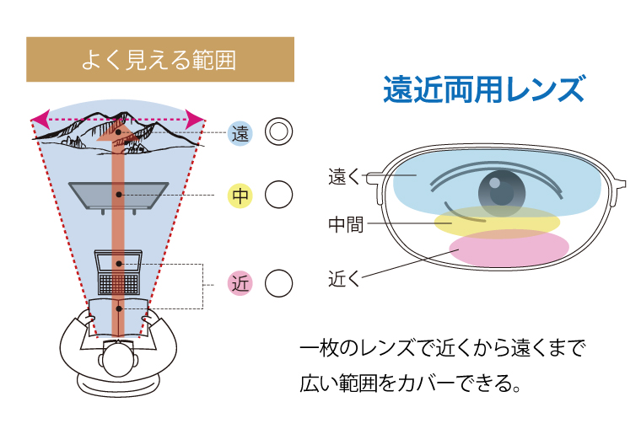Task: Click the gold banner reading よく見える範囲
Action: click(x=160, y=60)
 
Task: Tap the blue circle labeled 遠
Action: click(x=241, y=132)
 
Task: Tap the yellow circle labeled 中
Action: click(x=241, y=196)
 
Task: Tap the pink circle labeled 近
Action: click(x=241, y=283)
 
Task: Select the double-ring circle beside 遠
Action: click(x=278, y=131)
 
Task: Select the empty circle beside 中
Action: click(x=278, y=196)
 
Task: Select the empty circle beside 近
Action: click(x=278, y=283)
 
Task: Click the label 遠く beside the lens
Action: click(x=343, y=177)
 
